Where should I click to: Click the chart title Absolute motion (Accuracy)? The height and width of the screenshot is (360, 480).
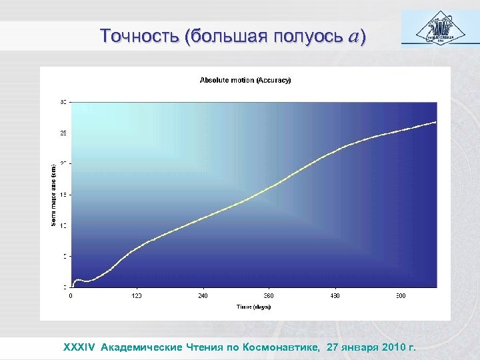245,80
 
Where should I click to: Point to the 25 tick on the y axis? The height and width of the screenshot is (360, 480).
63,133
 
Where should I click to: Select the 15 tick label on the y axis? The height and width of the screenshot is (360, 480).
63,195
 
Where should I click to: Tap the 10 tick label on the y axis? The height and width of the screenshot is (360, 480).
63,225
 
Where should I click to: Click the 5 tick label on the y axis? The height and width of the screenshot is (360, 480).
65,256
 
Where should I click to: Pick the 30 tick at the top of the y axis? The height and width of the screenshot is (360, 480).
63,103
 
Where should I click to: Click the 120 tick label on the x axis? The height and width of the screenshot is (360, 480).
137,295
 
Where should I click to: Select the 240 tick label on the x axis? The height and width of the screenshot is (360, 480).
203,295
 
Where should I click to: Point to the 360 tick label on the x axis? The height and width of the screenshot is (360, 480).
269,295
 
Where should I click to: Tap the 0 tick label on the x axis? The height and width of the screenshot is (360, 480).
71,295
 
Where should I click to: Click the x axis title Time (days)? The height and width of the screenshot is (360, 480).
253,307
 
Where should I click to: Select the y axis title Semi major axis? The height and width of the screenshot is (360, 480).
54,195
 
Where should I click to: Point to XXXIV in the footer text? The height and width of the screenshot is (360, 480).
80,347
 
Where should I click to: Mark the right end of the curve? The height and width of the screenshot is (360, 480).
436,122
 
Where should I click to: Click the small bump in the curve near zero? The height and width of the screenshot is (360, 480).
78,280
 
